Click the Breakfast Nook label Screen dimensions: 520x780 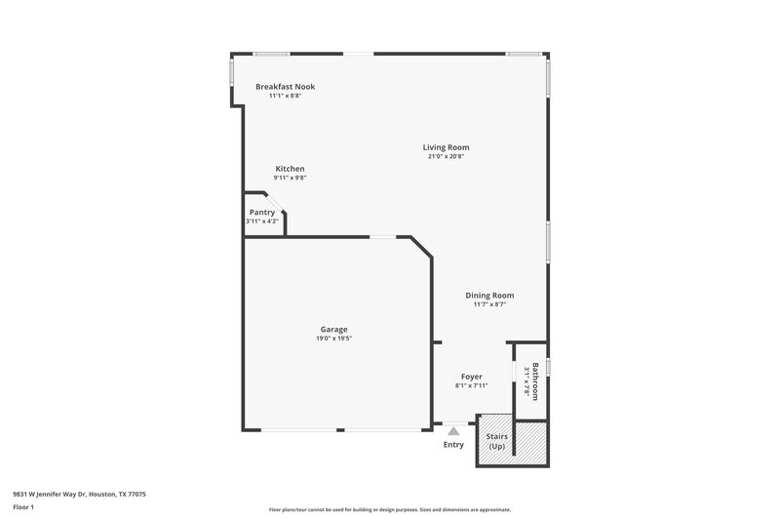(285, 87)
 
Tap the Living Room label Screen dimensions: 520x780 (446, 147)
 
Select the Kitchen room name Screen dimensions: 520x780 (290, 169)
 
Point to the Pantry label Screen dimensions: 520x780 (262, 212)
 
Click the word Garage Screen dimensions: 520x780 (333, 329)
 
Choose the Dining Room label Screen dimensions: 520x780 (488, 295)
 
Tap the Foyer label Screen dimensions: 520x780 (472, 376)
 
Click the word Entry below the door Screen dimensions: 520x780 (453, 445)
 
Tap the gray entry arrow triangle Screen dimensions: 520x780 (453, 429)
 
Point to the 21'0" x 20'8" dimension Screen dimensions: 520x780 (446, 157)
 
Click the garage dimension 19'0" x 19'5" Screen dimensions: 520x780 (333, 339)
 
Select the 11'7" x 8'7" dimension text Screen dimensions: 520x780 (488, 304)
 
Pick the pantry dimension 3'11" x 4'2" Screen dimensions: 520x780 (262, 221)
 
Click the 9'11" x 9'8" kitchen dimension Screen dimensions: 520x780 (290, 179)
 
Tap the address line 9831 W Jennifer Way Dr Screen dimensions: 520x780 (79, 494)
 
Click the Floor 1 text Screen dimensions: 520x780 (22, 508)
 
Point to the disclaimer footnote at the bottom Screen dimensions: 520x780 (389, 509)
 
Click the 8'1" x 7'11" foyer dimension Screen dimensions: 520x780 (472, 385)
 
